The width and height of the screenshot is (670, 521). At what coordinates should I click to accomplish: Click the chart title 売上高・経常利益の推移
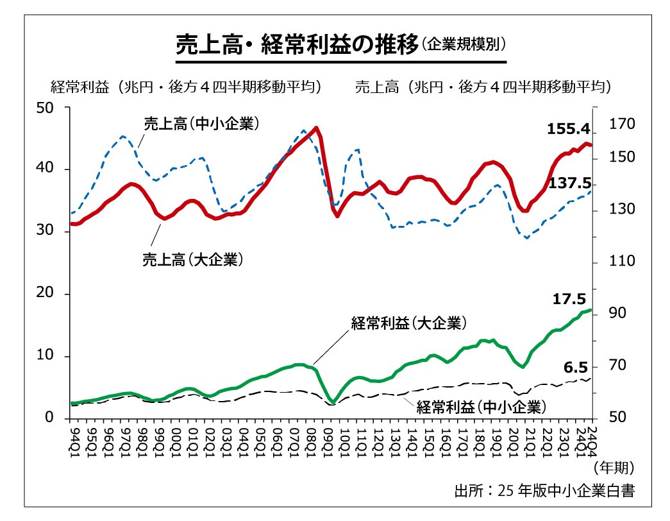296,46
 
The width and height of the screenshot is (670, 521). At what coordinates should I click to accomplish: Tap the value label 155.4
569,129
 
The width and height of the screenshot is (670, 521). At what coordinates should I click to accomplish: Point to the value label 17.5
569,299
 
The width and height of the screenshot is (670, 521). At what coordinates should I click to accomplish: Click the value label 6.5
576,368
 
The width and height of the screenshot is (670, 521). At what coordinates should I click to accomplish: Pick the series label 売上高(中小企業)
201,123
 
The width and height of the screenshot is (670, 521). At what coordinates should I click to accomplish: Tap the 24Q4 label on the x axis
592,438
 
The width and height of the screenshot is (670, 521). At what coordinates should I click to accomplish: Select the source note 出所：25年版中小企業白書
544,491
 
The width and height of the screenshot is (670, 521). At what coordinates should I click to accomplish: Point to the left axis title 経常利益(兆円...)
186,87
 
